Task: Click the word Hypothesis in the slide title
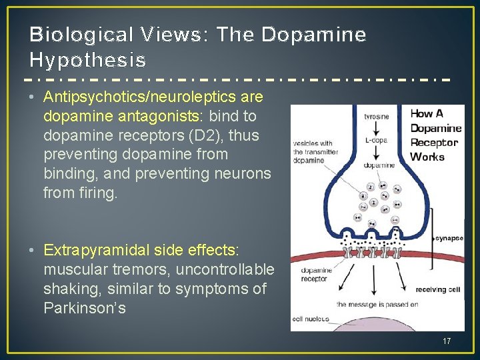(88, 60)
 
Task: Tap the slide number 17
(447, 341)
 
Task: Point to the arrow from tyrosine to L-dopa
(377, 127)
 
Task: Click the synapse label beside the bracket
(449, 237)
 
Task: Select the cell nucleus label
(311, 319)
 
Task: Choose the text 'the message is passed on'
(377, 304)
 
